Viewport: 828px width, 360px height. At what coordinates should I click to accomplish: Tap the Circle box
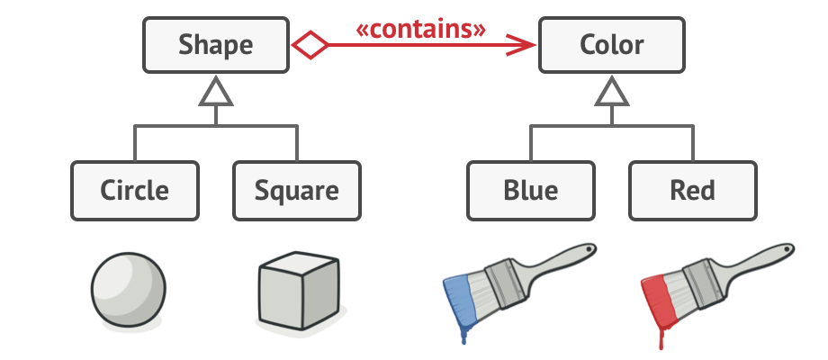click(134, 191)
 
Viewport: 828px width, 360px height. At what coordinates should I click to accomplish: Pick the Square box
click(296, 191)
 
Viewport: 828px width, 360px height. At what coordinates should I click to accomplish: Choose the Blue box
click(530, 191)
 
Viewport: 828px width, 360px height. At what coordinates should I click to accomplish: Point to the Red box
click(692, 191)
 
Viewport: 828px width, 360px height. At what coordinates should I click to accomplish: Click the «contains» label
click(420, 29)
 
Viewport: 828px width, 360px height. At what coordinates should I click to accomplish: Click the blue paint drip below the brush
click(463, 335)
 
